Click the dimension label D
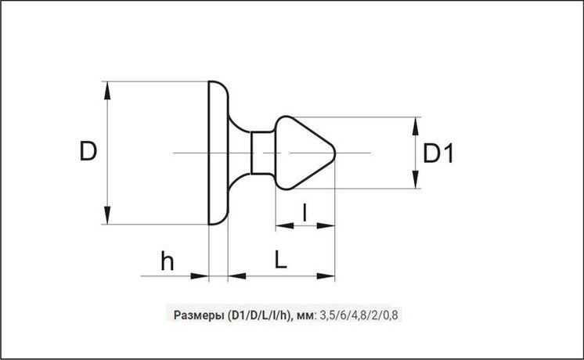pyautogui.click(x=88, y=151)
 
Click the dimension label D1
pyautogui.click(x=438, y=153)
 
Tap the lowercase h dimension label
pyautogui.click(x=168, y=261)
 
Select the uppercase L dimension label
pyautogui.click(x=281, y=259)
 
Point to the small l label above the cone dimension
pyautogui.click(x=305, y=212)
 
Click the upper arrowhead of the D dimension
pyautogui.click(x=107, y=91)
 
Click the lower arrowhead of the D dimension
pyautogui.click(x=107, y=215)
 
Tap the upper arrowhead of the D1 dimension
pyautogui.click(x=416, y=126)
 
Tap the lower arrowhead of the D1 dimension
pyautogui.click(x=416, y=179)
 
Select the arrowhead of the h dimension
pyautogui.click(x=200, y=276)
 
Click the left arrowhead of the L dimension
pyautogui.click(x=237, y=276)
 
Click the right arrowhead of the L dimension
pyautogui.click(x=326, y=276)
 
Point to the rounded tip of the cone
pyautogui.click(x=334, y=153)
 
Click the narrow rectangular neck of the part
pyautogui.click(x=263, y=153)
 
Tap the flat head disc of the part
pyautogui.click(x=218, y=153)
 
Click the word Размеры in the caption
pyautogui.click(x=198, y=315)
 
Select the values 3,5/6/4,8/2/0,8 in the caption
pyautogui.click(x=359, y=315)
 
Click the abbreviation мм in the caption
pyautogui.click(x=306, y=316)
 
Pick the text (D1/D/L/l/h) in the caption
pyautogui.click(x=258, y=315)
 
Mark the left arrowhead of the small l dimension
pyautogui.click(x=284, y=225)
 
